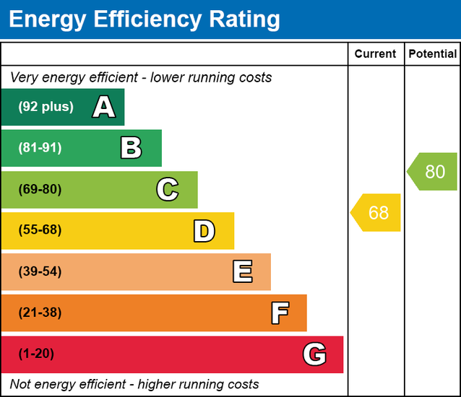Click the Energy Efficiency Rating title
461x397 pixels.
click(144, 19)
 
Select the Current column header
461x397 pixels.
click(376, 54)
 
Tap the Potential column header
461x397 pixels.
click(432, 54)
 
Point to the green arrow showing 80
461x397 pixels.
click(433, 172)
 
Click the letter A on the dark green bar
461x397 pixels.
click(104, 107)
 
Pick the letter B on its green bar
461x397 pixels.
click(131, 148)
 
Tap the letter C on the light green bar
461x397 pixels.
click(167, 190)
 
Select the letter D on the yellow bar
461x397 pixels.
click(204, 231)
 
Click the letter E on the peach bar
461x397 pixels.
click(242, 272)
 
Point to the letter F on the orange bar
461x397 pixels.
click(280, 313)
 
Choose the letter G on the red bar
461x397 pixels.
click(314, 354)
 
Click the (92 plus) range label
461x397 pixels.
click(46, 107)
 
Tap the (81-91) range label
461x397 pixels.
click(40, 148)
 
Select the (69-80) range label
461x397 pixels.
click(40, 190)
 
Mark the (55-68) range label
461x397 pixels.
click(40, 231)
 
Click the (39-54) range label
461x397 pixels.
click(40, 272)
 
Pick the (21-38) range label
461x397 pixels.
click(40, 313)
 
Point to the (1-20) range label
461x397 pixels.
click(36, 354)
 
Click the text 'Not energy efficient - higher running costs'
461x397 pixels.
click(134, 384)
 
